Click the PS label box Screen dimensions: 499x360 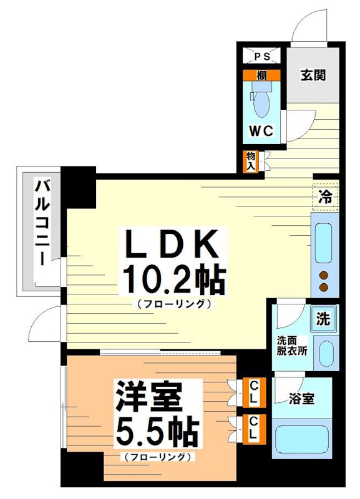(262, 56)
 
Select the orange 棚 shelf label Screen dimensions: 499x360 (262, 75)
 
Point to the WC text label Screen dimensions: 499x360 (261, 131)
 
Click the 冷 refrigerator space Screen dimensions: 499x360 (325, 198)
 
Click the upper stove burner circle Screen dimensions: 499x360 (324, 275)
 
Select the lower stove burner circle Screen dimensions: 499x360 (324, 287)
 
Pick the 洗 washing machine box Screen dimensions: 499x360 (323, 319)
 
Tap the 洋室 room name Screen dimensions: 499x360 (148, 395)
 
